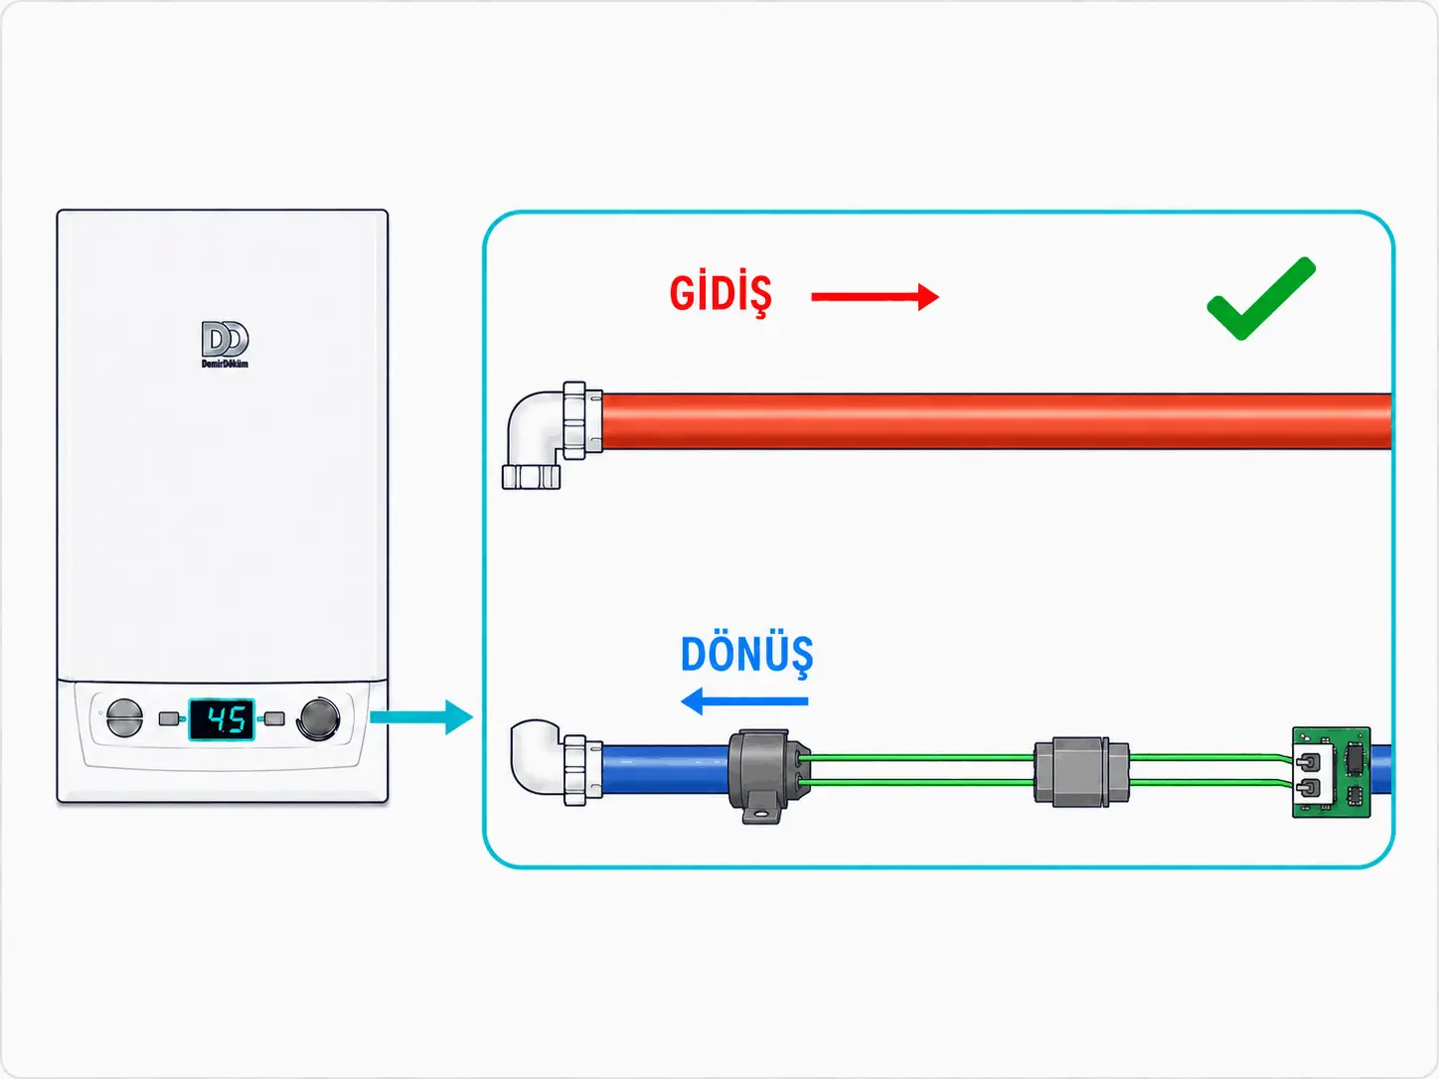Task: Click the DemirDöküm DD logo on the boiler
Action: (x=225, y=345)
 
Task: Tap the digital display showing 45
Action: (x=222, y=719)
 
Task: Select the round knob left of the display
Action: (x=124, y=717)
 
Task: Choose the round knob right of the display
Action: (x=319, y=718)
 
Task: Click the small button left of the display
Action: (x=169, y=718)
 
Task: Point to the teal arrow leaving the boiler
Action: (x=421, y=716)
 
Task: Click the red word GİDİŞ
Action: (x=720, y=295)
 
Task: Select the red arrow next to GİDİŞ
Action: (x=876, y=297)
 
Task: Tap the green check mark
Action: (x=1261, y=299)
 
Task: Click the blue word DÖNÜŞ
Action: (x=746, y=655)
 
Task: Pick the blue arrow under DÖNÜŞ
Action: (x=744, y=701)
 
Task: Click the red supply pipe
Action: (x=997, y=421)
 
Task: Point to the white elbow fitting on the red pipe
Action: (x=552, y=435)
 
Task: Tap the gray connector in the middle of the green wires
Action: (x=1081, y=772)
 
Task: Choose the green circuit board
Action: (x=1332, y=772)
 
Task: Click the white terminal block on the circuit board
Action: (x=1314, y=774)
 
